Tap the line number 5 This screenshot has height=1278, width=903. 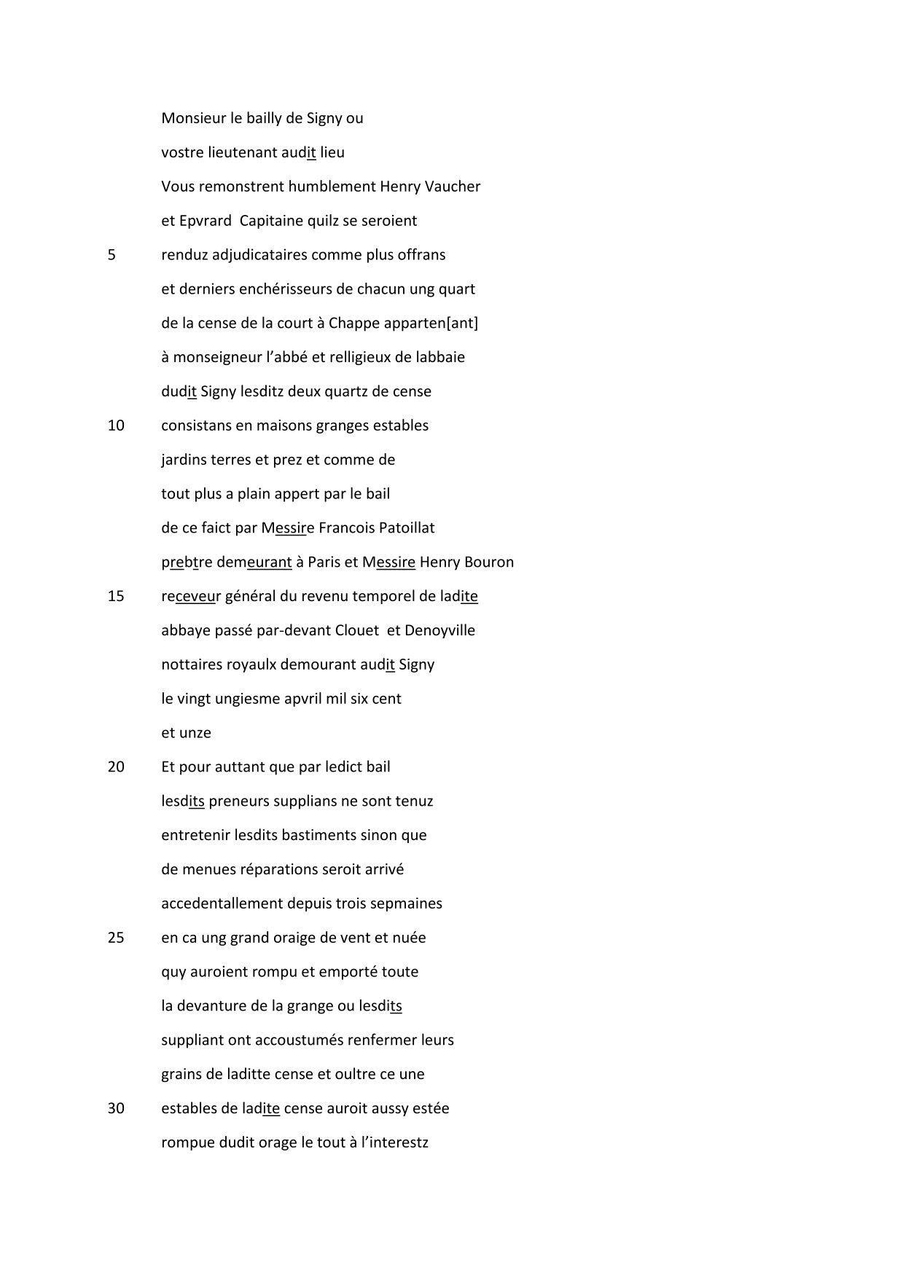pyautogui.click(x=112, y=255)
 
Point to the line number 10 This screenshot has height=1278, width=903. pyautogui.click(x=116, y=426)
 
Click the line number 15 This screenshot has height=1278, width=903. pyautogui.click(x=116, y=596)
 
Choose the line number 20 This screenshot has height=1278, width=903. pyautogui.click(x=116, y=767)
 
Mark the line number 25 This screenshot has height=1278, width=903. pyautogui.click(x=116, y=938)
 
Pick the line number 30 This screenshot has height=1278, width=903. pyautogui.click(x=116, y=1108)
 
